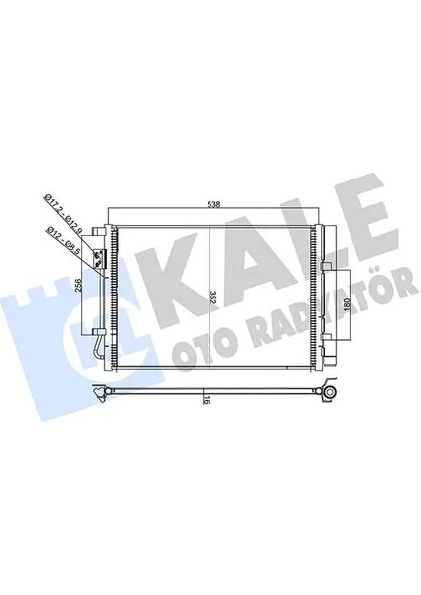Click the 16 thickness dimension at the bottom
pos(206,402)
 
